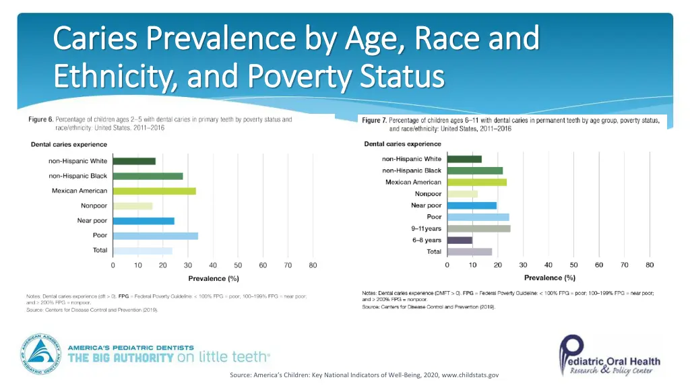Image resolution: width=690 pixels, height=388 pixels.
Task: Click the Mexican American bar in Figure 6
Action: click(154, 191)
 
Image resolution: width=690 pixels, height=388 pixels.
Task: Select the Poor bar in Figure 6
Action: click(156, 236)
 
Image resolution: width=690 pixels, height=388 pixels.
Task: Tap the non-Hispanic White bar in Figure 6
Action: click(134, 161)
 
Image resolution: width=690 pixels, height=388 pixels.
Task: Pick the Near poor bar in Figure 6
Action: click(144, 221)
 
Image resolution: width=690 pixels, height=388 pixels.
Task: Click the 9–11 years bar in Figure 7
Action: click(478, 228)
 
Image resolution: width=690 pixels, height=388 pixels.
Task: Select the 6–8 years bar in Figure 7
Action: click(460, 240)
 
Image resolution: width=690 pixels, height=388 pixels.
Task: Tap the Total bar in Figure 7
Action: click(470, 251)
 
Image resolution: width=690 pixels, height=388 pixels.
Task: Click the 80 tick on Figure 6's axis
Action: click(313, 265)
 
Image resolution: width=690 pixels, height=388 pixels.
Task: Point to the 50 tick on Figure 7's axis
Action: click(574, 265)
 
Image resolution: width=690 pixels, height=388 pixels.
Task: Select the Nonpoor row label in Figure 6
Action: click(94, 205)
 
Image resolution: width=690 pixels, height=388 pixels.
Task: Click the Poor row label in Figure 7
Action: click(434, 217)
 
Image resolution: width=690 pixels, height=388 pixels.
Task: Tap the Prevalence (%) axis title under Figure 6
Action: click(213, 278)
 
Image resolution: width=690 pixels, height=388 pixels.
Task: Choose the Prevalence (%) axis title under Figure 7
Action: click(549, 278)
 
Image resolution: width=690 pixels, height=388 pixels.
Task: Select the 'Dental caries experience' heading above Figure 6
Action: click(69, 144)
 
